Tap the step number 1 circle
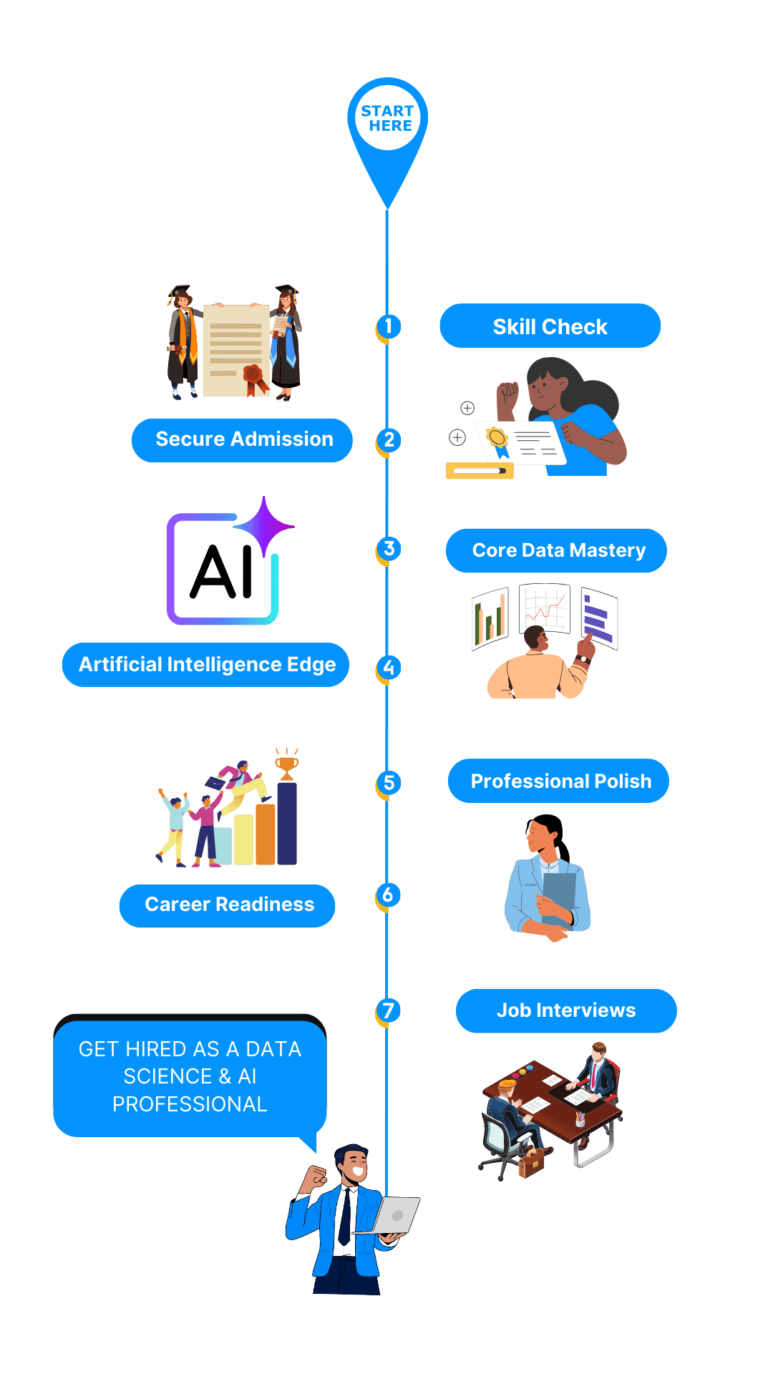click(389, 326)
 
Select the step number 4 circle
click(389, 668)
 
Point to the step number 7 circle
click(388, 1010)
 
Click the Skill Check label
click(550, 326)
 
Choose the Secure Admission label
click(243, 439)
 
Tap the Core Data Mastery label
click(557, 550)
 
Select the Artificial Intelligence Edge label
click(206, 665)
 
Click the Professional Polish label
click(559, 781)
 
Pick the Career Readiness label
click(228, 905)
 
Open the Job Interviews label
click(566, 1010)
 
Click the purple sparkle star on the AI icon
click(263, 526)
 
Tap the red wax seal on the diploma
click(253, 374)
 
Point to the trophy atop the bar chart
click(287, 765)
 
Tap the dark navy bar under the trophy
click(287, 823)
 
